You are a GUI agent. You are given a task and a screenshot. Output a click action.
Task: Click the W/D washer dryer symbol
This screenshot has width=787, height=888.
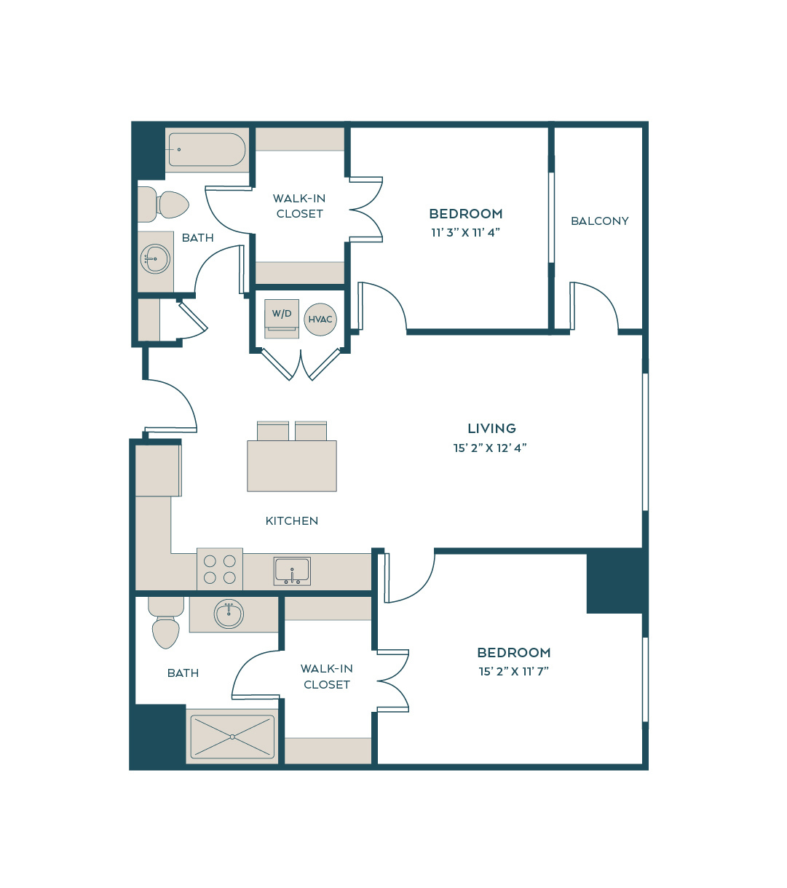282,319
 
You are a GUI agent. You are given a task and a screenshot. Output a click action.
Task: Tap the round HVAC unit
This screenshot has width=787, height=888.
320,319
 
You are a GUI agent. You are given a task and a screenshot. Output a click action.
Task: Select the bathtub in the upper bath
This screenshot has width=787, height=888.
207,149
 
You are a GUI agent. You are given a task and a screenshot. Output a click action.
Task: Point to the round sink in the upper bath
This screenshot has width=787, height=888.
155,258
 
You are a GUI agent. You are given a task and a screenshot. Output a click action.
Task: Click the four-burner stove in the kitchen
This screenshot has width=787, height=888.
220,568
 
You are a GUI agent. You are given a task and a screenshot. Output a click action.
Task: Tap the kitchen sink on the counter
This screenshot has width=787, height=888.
292,571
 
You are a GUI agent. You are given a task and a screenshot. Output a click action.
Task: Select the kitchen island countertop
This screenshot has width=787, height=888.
292,466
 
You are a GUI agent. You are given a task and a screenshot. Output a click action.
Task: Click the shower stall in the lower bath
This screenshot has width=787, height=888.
232,737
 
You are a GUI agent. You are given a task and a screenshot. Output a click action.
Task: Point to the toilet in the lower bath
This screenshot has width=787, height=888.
166,622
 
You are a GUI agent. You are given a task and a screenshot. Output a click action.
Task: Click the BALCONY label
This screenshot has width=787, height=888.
599,221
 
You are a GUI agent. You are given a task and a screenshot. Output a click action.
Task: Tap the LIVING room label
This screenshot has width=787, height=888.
491,428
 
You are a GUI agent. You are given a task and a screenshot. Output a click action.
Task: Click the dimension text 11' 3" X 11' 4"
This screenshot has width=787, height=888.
465,232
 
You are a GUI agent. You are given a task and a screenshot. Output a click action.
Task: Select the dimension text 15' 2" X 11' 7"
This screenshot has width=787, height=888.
513,671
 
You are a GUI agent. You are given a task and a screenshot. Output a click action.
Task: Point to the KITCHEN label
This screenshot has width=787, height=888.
291,520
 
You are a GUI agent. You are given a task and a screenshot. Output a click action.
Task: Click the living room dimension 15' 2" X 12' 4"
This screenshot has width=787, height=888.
490,448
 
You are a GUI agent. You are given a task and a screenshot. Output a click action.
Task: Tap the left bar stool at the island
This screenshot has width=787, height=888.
273,431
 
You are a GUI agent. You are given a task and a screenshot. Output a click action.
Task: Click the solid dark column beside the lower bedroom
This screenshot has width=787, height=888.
617,581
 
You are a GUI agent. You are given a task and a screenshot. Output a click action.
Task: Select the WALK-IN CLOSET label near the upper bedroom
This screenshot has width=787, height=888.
299,206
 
